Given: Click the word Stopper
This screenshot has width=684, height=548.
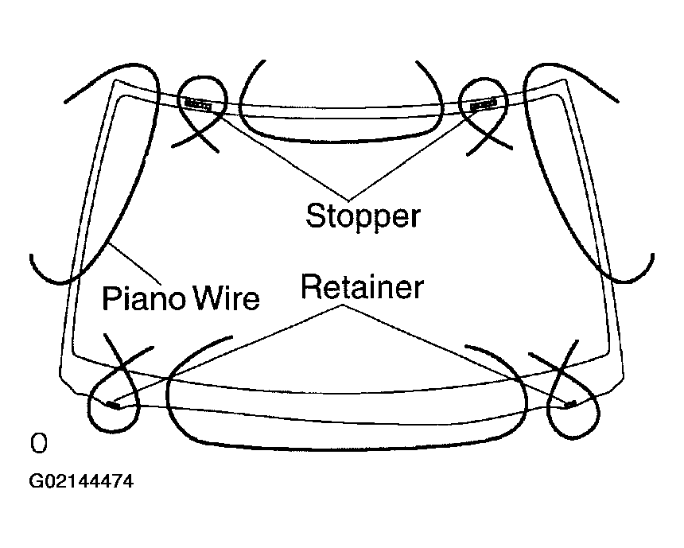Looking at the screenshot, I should click(x=363, y=216).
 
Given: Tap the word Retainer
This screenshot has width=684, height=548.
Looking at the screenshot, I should click(x=362, y=287).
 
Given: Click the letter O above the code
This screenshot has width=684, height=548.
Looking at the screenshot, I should click(x=37, y=443).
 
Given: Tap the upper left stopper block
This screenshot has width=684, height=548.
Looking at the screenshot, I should click(x=196, y=103).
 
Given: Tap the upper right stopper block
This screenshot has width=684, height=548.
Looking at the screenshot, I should click(x=482, y=104).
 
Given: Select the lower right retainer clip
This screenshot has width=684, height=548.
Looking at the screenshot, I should click(x=569, y=404).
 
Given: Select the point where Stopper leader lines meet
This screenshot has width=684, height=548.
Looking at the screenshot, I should click(x=347, y=198).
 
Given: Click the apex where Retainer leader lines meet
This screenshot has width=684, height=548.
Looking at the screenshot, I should click(x=343, y=308).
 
